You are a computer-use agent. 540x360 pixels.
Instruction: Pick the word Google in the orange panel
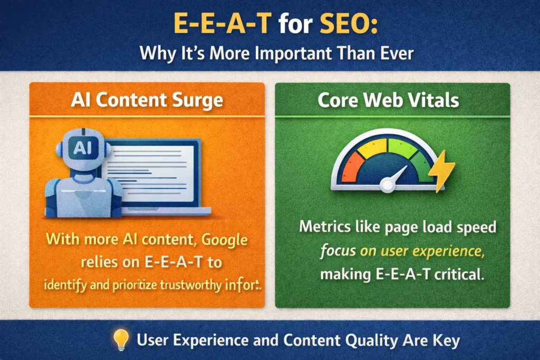click(224, 240)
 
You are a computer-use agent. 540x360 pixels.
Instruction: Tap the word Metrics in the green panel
click(322, 228)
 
